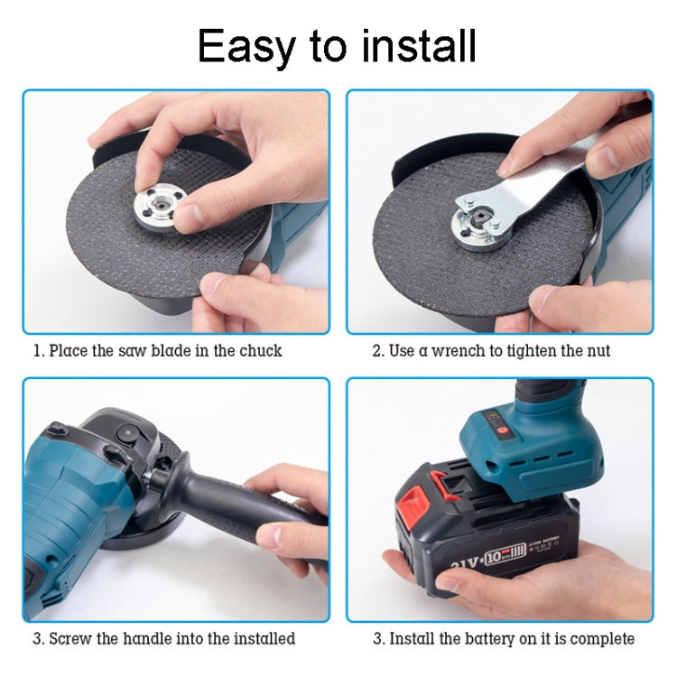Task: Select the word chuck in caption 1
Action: (259, 350)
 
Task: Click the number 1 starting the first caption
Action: (37, 350)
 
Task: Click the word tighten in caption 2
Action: (535, 350)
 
